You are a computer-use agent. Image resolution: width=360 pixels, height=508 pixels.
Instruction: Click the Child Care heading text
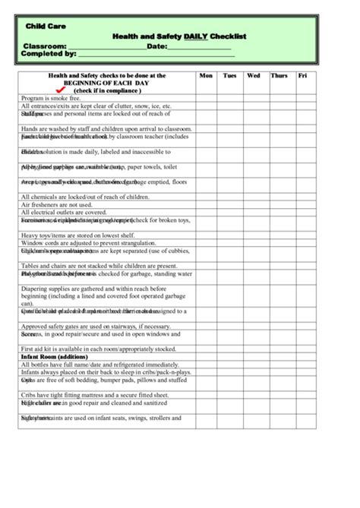pyautogui.click(x=46, y=27)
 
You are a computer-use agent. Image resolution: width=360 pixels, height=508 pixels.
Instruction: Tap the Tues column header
pyautogui.click(x=230, y=76)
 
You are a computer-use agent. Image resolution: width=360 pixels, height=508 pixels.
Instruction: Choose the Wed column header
pyautogui.click(x=254, y=76)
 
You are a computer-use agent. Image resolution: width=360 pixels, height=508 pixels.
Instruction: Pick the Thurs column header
pyautogui.click(x=279, y=76)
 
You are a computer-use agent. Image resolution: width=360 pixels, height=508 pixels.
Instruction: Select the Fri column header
pyautogui.click(x=303, y=76)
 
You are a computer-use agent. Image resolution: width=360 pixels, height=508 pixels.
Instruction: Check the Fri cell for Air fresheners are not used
pyautogui.click(x=305, y=205)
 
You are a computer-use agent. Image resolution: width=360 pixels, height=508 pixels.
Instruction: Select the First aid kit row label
pyautogui.click(x=99, y=349)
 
